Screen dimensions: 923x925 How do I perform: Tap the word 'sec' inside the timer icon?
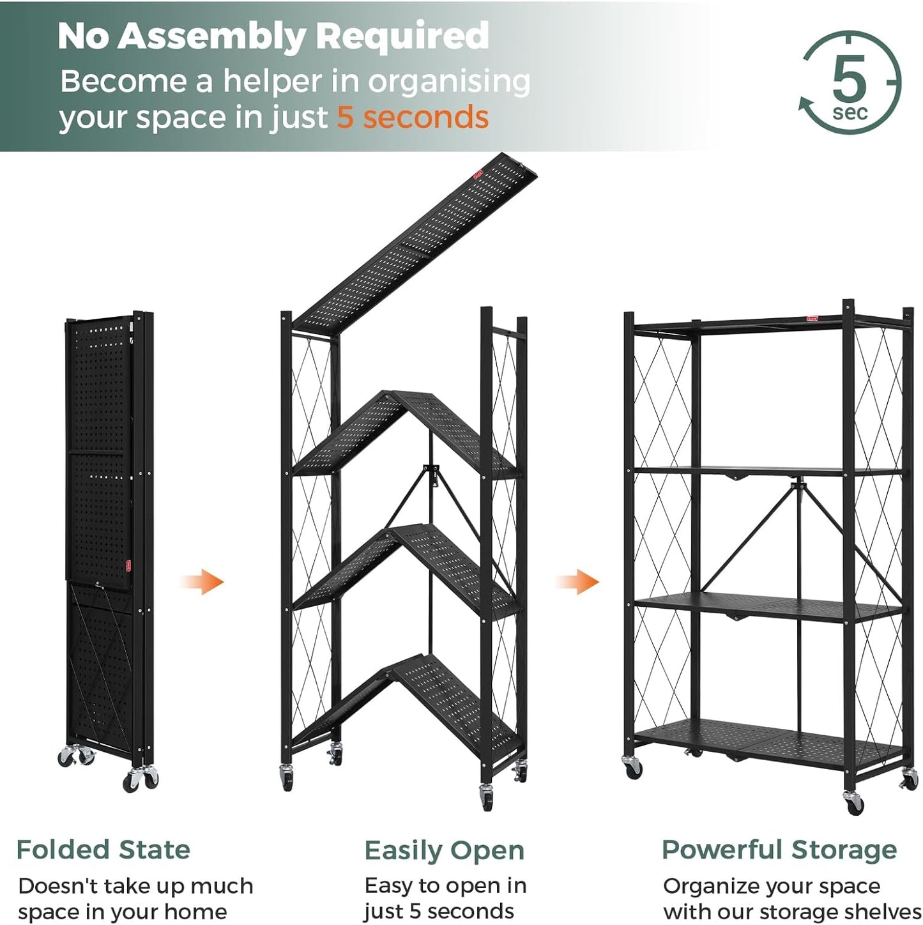(850, 113)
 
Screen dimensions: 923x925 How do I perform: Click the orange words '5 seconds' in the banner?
(412, 117)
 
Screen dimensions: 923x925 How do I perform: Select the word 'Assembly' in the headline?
(212, 36)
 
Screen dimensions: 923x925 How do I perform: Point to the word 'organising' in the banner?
(449, 82)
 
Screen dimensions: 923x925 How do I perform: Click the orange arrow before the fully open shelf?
(578, 582)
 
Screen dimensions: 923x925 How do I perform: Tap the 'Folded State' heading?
(103, 849)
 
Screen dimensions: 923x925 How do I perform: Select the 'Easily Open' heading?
(444, 850)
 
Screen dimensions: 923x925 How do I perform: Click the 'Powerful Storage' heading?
(779, 850)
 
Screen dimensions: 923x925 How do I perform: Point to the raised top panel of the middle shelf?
(415, 242)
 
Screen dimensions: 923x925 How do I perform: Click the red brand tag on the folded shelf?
(128, 565)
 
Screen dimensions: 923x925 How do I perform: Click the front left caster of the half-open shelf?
(287, 777)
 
